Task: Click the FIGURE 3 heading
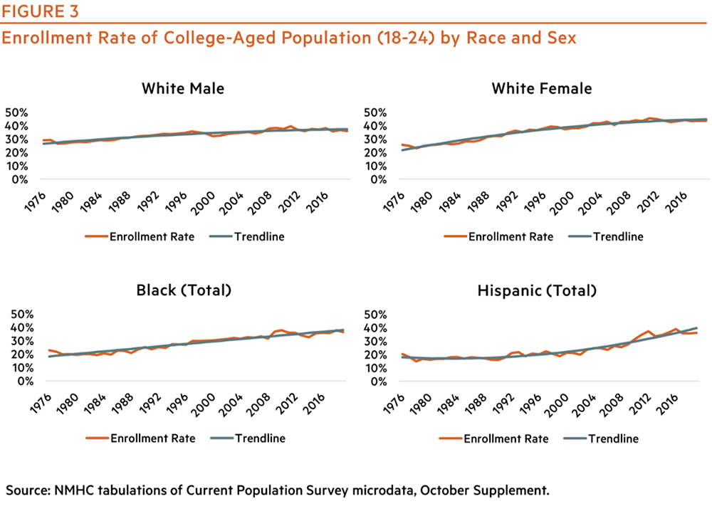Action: click(40, 12)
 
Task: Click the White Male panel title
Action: click(183, 89)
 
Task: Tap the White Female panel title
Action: click(542, 89)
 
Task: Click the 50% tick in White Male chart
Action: click(18, 113)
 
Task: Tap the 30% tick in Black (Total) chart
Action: click(18, 341)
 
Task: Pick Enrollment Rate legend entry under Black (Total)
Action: click(150, 438)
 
